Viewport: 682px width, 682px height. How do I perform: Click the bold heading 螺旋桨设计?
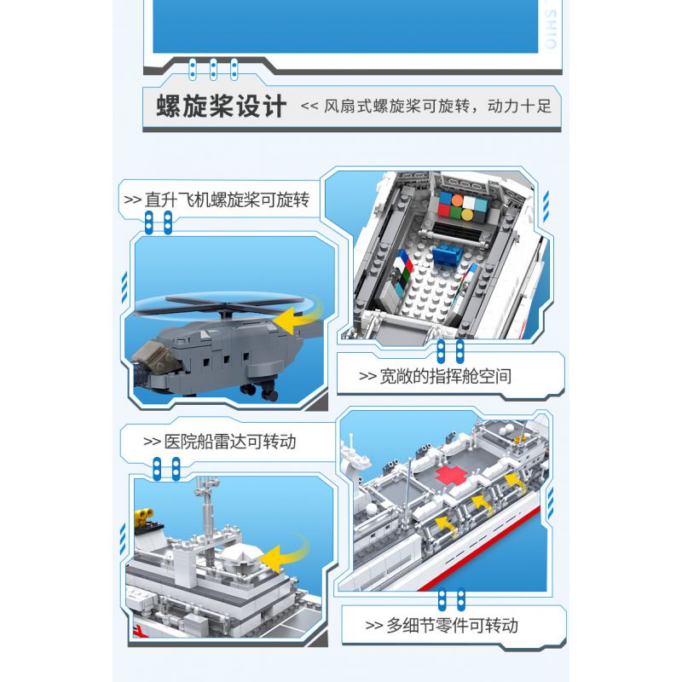222,106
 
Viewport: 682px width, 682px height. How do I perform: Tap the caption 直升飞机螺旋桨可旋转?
227,199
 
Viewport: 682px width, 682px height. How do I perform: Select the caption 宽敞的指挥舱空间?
445,376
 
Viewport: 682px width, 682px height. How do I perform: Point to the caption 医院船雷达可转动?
230,442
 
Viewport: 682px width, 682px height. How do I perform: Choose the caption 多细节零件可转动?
453,626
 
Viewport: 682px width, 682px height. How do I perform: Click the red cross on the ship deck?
452,476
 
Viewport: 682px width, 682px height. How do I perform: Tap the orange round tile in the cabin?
457,200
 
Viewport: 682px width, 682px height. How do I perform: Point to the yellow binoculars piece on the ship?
144,515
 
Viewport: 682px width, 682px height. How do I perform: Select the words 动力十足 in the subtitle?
519,106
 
